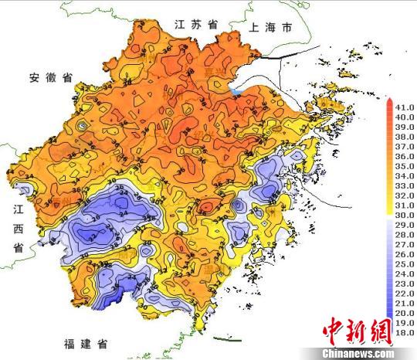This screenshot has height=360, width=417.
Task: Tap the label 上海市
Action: point(271,27)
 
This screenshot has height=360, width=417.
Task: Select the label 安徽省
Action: point(51,77)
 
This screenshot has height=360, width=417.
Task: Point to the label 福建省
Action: point(86,341)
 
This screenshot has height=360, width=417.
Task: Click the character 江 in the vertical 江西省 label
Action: point(17,209)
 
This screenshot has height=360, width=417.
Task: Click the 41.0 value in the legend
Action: point(405,106)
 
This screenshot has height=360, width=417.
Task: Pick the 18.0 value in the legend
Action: point(405,332)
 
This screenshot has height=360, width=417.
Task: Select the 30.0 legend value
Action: point(405,214)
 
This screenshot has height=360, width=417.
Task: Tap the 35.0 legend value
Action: point(405,165)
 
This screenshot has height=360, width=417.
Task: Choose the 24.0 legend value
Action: point(405,273)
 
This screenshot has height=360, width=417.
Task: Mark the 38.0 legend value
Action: point(405,135)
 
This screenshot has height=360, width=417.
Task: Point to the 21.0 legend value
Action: point(405,303)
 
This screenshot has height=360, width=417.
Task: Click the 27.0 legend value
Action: point(405,243)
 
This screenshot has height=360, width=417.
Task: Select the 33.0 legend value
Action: point(405,185)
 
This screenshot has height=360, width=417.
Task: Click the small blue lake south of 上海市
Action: point(235,91)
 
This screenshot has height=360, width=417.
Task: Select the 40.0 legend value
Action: point(405,116)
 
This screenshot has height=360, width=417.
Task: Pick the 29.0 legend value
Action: point(405,224)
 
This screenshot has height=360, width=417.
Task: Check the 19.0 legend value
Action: point(405,322)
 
